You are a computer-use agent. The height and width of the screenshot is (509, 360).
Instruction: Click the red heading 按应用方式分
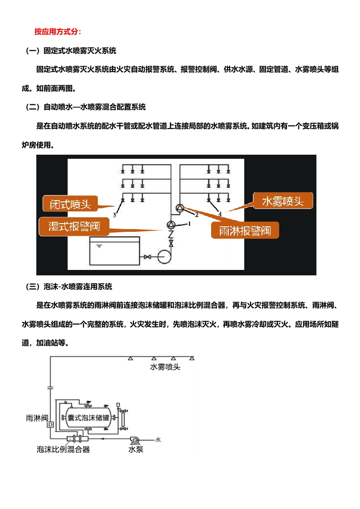58,32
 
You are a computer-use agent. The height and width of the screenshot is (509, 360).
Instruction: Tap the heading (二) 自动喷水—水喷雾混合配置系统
86,108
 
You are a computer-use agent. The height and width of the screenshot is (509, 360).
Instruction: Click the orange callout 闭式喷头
70,204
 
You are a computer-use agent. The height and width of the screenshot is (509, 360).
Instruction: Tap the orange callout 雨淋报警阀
245,230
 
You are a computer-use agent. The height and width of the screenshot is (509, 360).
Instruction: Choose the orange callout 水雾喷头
282,201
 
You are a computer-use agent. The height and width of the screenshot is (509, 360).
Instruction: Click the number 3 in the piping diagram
114,215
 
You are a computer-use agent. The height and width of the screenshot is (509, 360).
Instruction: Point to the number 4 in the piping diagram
220,213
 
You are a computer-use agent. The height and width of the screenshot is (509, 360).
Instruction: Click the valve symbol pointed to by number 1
171,225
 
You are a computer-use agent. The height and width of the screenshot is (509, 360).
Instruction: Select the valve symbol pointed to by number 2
180,208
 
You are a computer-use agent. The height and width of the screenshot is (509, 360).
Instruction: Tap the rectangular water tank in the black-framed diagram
115,251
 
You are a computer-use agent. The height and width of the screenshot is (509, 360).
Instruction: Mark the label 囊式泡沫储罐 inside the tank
89,418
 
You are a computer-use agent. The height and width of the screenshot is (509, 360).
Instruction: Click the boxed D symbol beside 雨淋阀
50,425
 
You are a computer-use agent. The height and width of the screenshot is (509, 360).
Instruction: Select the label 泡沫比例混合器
63,450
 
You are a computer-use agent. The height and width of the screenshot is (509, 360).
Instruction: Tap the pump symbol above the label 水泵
134,440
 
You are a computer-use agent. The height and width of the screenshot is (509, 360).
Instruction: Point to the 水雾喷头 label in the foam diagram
165,367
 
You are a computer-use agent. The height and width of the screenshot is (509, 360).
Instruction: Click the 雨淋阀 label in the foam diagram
37,418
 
